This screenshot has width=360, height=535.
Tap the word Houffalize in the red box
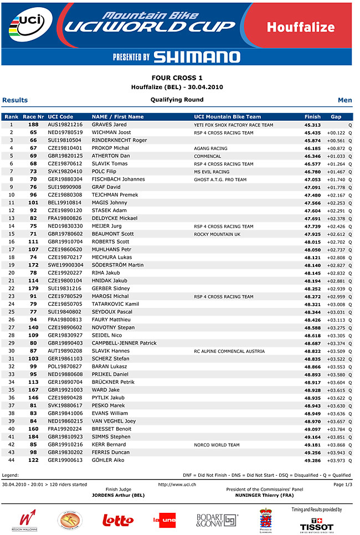coord(300,27)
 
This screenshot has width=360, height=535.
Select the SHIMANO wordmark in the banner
coord(197,56)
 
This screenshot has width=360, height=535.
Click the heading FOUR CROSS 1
coord(177,78)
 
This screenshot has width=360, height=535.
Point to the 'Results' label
coord(15,100)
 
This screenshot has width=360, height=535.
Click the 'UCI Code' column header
coord(60,117)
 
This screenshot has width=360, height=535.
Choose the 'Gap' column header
coord(336,117)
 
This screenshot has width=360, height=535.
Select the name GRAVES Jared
coord(109,125)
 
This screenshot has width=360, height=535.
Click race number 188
coord(33,125)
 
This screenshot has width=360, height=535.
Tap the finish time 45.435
coord(312,133)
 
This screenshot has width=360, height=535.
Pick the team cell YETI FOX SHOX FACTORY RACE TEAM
coord(233,125)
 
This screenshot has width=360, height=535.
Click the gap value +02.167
coord(336,196)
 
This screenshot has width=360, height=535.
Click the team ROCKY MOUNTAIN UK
coord(217,234)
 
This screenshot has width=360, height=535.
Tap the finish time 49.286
coord(312,460)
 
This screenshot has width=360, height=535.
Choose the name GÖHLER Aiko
coord(109,460)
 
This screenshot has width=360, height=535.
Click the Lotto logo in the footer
coord(118,520)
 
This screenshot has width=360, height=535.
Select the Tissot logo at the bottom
coord(317,523)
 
